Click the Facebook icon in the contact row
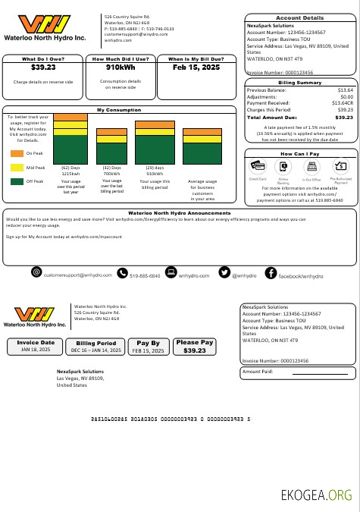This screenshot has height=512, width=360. point(271,272)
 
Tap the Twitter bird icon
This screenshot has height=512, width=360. point(224,272)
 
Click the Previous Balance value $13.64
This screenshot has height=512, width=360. point(344,90)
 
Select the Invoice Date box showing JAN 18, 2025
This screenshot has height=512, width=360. point(37,347)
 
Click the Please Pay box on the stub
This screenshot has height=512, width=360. point(195,347)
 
